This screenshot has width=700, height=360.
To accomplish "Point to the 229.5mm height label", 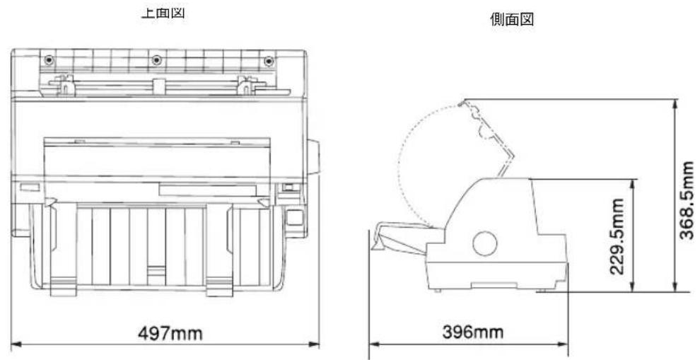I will click(618, 234).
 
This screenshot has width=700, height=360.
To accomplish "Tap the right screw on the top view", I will click(267, 59).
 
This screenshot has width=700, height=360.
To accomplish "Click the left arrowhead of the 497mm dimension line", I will click(14, 345).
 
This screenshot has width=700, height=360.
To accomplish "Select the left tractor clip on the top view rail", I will click(64, 88).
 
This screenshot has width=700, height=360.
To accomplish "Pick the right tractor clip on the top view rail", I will click(245, 88).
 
